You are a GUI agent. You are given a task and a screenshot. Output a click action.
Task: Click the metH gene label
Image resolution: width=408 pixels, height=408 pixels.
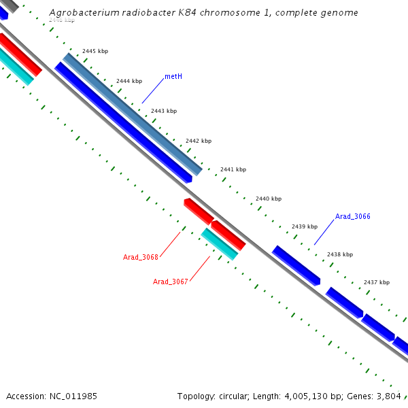click(x=173, y=76)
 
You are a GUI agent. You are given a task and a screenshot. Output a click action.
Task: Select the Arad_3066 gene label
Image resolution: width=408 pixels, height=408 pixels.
click(x=352, y=216)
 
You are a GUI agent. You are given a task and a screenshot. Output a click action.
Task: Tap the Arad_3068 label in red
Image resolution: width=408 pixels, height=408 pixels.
click(x=140, y=257)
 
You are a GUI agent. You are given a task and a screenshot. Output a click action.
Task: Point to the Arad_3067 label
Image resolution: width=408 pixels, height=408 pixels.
click(x=170, y=282)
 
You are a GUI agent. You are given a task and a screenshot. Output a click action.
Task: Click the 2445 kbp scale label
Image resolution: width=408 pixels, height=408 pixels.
click(x=95, y=51)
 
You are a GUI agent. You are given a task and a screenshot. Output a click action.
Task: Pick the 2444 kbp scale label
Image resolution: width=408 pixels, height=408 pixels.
click(x=129, y=81)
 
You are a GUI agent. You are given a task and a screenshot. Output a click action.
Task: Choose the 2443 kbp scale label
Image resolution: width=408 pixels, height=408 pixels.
click(x=164, y=111)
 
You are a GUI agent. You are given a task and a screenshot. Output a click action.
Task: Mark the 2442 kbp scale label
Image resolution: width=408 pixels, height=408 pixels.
click(x=199, y=141)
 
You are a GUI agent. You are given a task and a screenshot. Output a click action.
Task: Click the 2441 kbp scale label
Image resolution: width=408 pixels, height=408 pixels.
click(x=233, y=169)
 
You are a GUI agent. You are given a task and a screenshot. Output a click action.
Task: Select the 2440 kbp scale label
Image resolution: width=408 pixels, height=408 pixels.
click(x=269, y=199)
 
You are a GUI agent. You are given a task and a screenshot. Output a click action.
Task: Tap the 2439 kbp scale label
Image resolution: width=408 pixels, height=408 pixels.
click(x=305, y=226)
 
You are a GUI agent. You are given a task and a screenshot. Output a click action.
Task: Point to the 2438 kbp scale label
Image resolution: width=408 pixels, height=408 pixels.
click(x=340, y=254)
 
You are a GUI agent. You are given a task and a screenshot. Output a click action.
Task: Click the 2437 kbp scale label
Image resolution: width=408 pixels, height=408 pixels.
click(x=377, y=282)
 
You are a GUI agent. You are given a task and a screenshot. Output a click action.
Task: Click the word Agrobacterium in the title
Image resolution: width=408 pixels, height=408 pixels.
click(x=82, y=13)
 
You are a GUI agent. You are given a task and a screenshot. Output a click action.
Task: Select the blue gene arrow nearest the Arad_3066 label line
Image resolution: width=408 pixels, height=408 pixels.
click(x=296, y=265)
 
